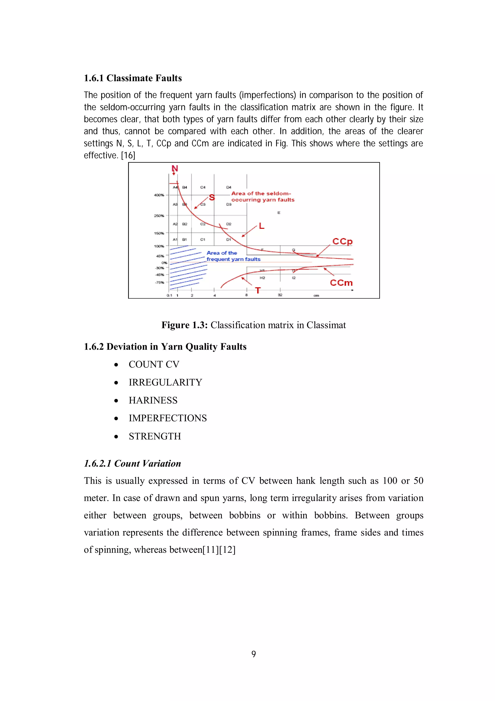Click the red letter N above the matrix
175,169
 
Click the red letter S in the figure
212,198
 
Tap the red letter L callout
261,226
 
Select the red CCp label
342,241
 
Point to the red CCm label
341,283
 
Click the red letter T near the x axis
258,290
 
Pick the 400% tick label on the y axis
159,195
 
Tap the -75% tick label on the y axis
159,283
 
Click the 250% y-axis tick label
159,216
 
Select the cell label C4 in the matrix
203,187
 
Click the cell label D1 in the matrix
228,240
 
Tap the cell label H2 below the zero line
262,278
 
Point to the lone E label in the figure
278,212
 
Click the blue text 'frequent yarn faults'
233,259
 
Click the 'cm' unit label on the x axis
316,296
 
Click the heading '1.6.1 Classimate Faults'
133,78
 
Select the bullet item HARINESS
153,400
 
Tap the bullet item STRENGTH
155,436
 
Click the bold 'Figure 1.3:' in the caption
184,325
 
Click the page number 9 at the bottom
254,654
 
